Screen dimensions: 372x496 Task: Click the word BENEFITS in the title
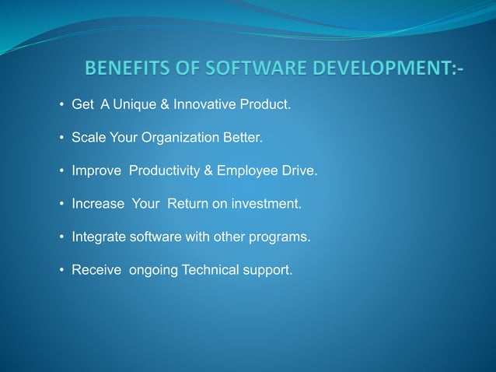[124, 71]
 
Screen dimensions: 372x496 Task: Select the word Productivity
[166, 171]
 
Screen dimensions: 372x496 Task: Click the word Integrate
[97, 237]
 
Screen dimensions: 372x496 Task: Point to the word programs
[282, 237]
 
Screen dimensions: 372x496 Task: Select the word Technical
[213, 271]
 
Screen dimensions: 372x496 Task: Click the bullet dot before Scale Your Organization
[61, 138]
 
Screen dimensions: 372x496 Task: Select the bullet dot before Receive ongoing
[61, 271]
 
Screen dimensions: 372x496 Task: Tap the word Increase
[98, 204]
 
